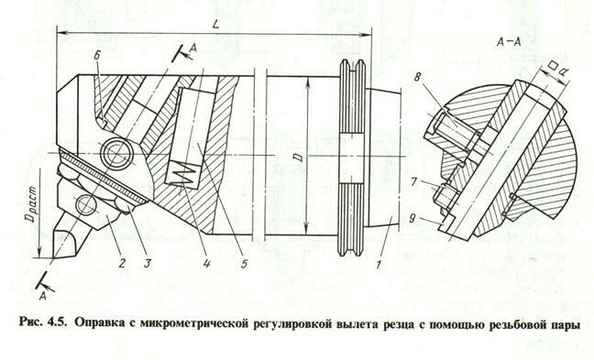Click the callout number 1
tap(378, 265)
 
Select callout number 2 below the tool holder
tap(122, 263)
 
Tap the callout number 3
tap(147, 263)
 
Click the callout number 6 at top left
tap(97, 56)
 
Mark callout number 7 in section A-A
tap(414, 183)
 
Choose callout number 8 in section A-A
tap(417, 77)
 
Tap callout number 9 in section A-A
tap(412, 218)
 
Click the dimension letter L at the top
tap(216, 25)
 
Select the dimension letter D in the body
tap(299, 157)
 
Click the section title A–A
tap(509, 42)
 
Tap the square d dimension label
tap(558, 69)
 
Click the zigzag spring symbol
tap(183, 175)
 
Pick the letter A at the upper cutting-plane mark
tap(193, 48)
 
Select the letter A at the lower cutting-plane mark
tap(43, 296)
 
